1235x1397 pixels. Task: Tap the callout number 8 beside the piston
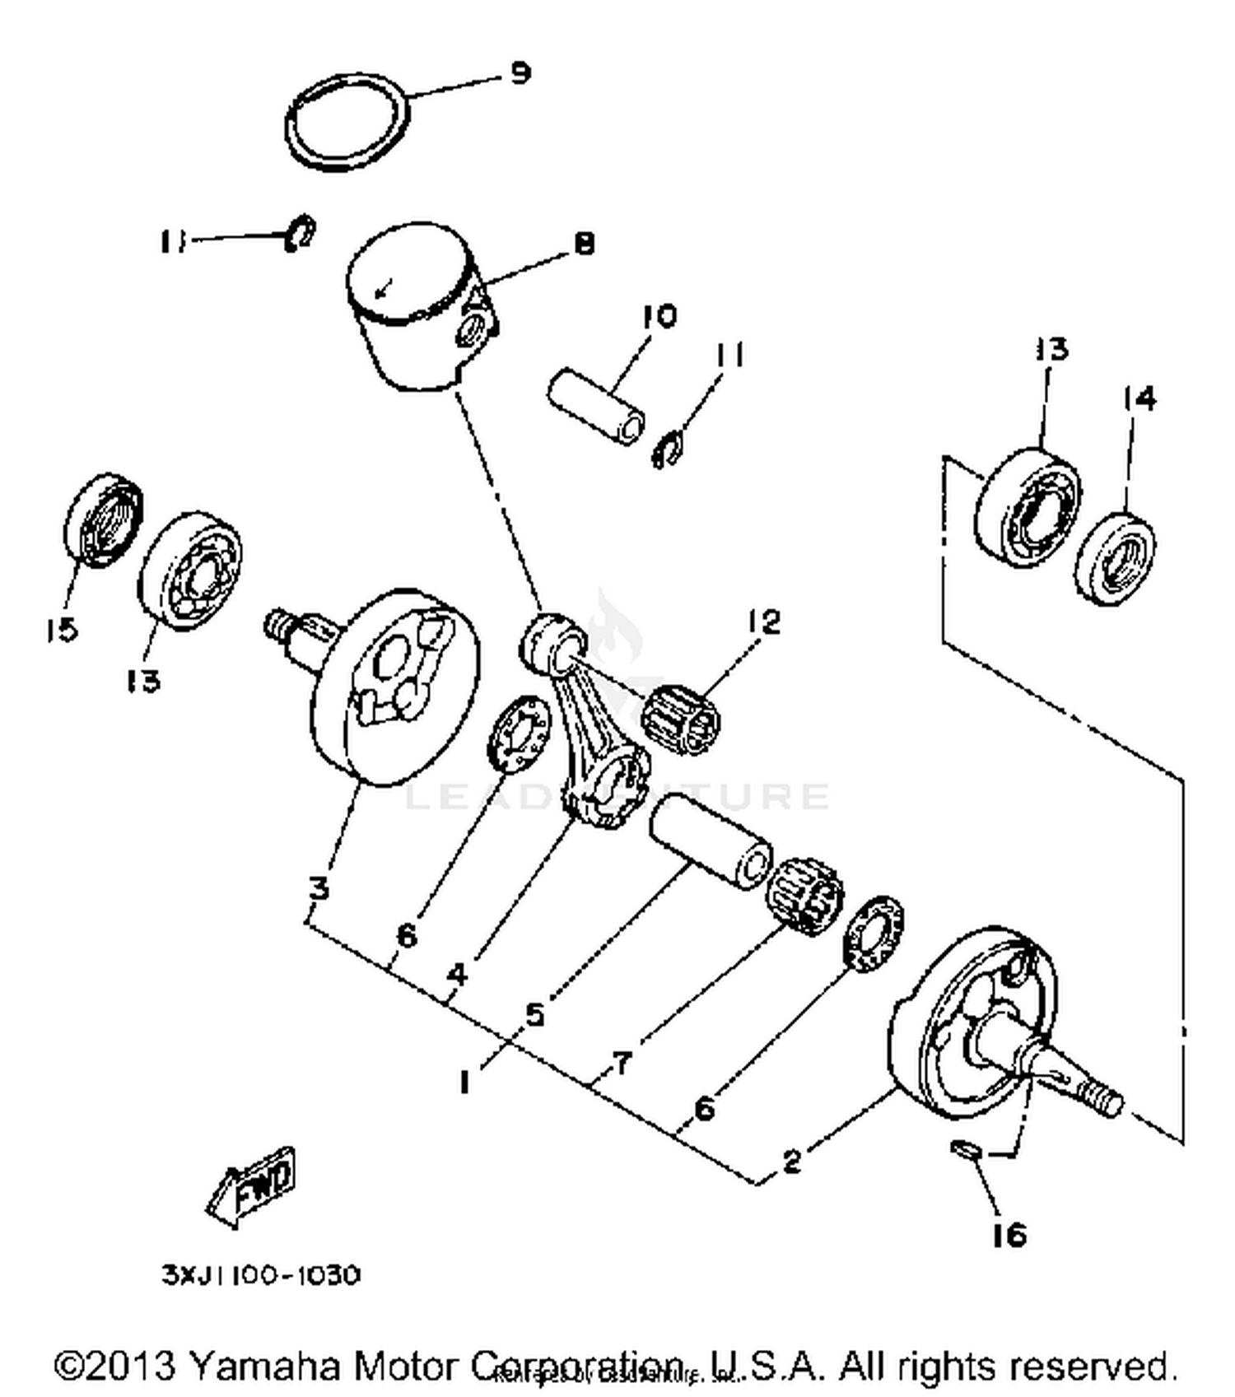(583, 243)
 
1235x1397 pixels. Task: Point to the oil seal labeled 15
(103, 520)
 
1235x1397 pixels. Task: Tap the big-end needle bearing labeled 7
(805, 896)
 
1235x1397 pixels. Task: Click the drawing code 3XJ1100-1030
(261, 1275)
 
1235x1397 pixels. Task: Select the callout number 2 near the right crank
(791, 1162)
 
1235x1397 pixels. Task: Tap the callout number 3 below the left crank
(319, 888)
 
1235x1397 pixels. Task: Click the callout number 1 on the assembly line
(465, 1081)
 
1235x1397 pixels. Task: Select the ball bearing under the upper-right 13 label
(1027, 508)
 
